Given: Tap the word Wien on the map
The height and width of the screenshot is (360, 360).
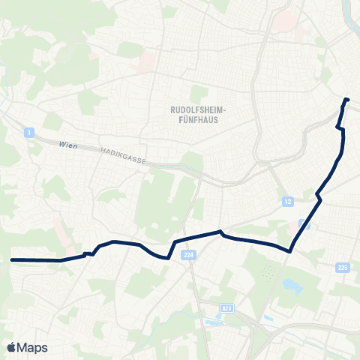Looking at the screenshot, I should tap(68, 145).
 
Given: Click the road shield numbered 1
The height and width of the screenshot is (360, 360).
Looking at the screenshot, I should tap(28, 133).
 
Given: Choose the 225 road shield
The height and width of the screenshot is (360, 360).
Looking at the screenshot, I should tap(343, 267).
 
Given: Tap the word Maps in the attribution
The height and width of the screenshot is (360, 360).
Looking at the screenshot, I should tap(33, 347).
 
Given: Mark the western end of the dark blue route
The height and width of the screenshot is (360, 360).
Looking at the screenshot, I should tap(12, 259).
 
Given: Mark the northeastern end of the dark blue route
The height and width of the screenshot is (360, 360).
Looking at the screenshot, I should tap(346, 100).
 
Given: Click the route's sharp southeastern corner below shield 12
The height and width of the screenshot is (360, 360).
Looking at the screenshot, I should tap(289, 252).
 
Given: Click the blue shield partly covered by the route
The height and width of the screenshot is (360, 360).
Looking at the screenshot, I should tap(304, 223).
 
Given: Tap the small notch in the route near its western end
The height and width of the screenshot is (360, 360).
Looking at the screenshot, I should tap(88, 253).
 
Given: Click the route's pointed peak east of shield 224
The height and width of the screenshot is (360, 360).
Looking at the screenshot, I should tap(220, 232).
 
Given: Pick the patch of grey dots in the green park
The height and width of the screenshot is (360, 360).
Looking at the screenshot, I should tap(268, 271).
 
